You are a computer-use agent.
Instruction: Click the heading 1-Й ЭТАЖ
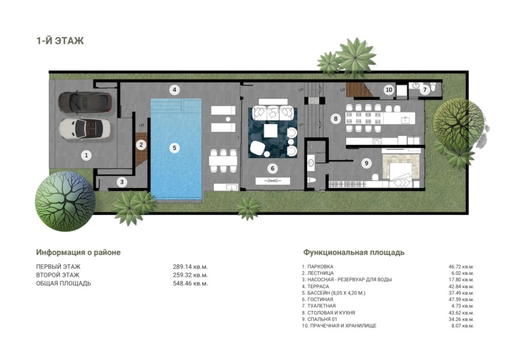click(60, 41)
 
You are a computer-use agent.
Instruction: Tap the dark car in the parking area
click(85, 102)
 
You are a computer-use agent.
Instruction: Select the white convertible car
click(85, 129)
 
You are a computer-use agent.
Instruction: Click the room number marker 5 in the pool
click(174, 148)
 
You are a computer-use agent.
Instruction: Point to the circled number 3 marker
click(122, 182)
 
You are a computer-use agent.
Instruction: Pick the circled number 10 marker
click(389, 89)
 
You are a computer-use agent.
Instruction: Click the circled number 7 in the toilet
click(425, 89)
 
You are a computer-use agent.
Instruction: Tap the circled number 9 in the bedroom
click(366, 163)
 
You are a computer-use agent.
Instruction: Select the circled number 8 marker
click(336, 119)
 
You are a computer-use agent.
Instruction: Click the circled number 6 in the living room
click(272, 168)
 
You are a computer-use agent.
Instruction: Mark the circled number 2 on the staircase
click(141, 145)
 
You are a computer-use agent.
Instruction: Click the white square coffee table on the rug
click(272, 130)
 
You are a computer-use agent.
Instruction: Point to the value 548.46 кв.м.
click(190, 284)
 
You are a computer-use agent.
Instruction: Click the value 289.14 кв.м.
click(190, 267)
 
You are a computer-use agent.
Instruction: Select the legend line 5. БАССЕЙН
click(334, 293)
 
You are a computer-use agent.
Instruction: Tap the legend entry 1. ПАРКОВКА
click(317, 267)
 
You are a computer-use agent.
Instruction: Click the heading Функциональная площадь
click(354, 252)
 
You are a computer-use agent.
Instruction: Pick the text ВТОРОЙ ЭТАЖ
click(58, 275)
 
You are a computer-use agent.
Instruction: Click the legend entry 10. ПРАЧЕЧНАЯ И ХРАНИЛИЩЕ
click(339, 326)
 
